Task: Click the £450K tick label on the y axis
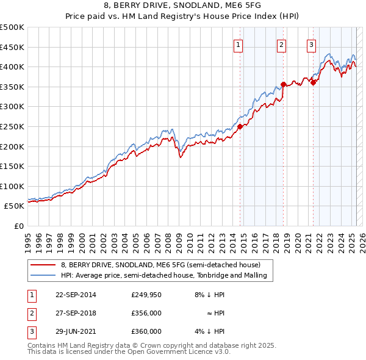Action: pos(12,47)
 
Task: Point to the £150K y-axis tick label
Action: pos(12,166)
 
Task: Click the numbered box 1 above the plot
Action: pos(238,44)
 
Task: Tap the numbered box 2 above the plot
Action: pos(281,44)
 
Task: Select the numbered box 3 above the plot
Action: pos(311,44)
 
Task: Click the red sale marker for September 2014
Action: pos(240,126)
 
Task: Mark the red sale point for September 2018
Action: pos(284,84)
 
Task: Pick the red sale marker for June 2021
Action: pos(313,83)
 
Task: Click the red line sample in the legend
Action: pos(43,265)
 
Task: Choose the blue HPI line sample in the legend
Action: pos(43,276)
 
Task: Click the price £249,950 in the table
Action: pos(146,295)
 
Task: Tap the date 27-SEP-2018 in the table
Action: pos(76,313)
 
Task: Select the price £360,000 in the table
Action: pos(146,331)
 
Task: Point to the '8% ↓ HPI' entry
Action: pos(209,295)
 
